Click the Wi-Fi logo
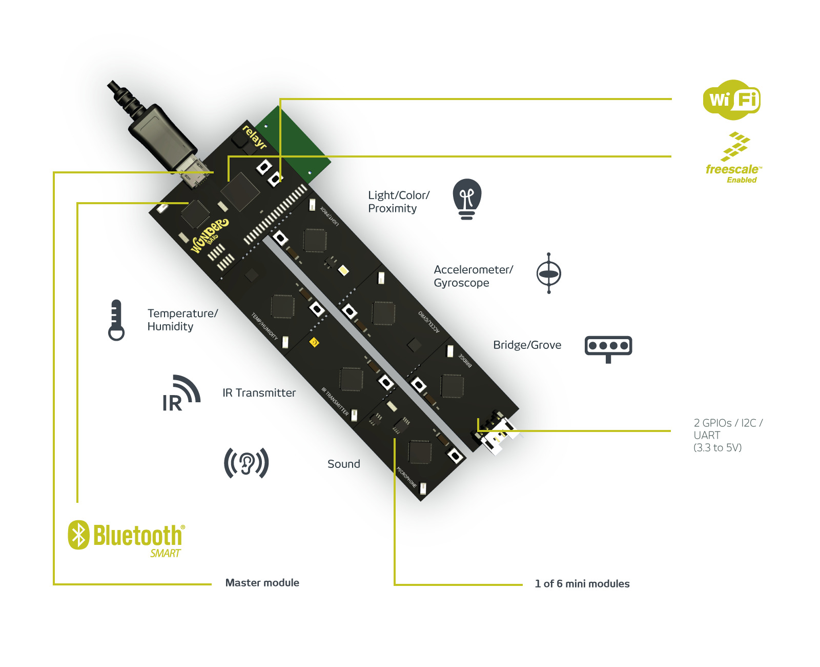pyautogui.click(x=731, y=100)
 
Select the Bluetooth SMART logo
pyautogui.click(x=127, y=538)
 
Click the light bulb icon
pyautogui.click(x=467, y=199)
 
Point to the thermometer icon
pyautogui.click(x=116, y=320)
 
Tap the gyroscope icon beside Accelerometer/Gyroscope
pyautogui.click(x=548, y=273)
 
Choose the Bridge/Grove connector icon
pyautogui.click(x=608, y=348)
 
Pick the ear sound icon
pyautogui.click(x=247, y=463)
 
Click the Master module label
pyautogui.click(x=262, y=583)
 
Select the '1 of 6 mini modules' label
pyautogui.click(x=582, y=584)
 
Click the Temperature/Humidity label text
pyautogui.click(x=182, y=320)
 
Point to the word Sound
pyautogui.click(x=343, y=464)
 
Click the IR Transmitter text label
pyautogui.click(x=259, y=393)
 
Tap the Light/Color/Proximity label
pyautogui.click(x=398, y=202)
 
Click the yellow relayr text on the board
pyautogui.click(x=254, y=137)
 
